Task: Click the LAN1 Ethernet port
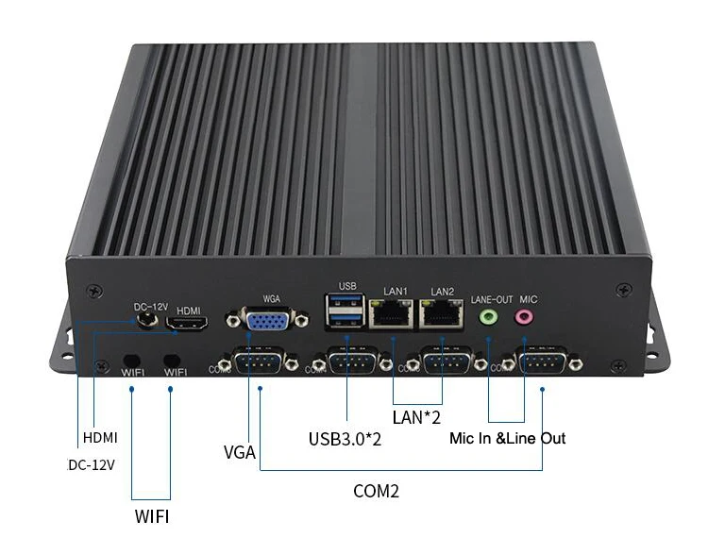coord(389,314)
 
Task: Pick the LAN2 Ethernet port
coord(441,314)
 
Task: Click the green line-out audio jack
coord(488,318)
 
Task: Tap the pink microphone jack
coord(524,318)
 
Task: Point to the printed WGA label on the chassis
coord(271,298)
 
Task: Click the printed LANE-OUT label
coord(491,299)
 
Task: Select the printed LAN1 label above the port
coord(394,290)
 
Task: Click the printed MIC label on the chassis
coord(528,299)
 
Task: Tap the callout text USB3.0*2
coord(346,438)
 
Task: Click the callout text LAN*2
coord(416,416)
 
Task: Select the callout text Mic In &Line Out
coord(508,438)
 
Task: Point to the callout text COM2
coord(377,491)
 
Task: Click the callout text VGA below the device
coord(240,451)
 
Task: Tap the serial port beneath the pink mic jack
coord(541,363)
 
